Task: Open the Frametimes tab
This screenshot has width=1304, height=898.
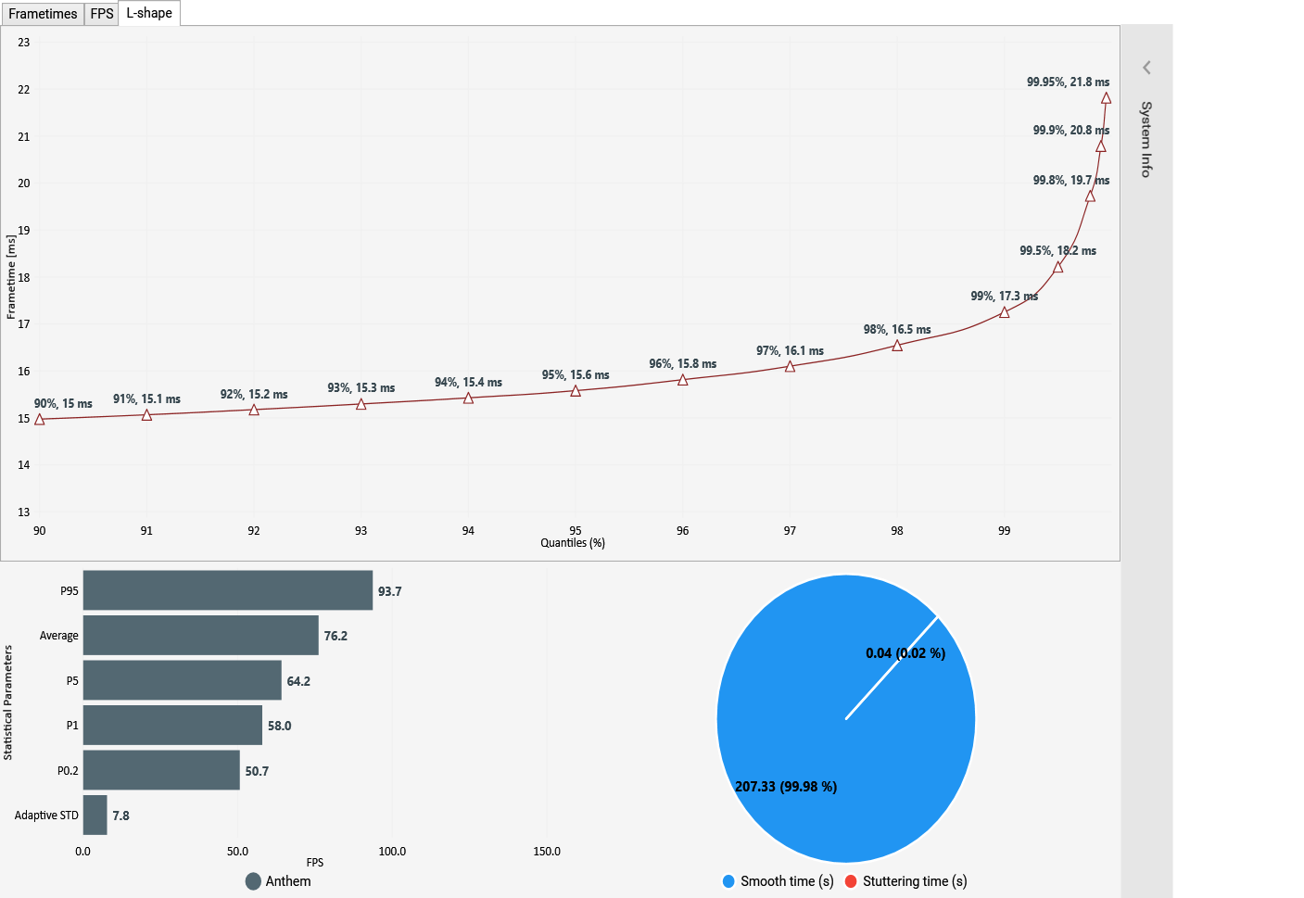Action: pos(43,14)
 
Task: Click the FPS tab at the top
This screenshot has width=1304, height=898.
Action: pos(102,14)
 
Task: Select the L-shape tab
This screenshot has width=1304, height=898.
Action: pos(149,13)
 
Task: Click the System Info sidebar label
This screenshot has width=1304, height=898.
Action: pos(1146,139)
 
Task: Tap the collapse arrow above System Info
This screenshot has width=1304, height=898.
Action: pos(1146,68)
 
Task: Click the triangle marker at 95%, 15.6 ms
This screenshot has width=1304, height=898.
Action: pos(576,391)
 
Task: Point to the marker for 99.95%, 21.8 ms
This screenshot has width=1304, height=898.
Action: pos(1106,97)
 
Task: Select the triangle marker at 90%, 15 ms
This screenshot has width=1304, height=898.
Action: pos(39,419)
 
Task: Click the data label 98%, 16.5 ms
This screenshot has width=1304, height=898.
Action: pos(896,330)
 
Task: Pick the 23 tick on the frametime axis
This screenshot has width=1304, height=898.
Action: pos(23,43)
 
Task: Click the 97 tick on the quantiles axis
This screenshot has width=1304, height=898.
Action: pos(790,531)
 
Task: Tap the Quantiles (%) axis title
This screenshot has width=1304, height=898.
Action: pos(573,543)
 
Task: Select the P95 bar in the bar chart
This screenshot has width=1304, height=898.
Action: pos(227,590)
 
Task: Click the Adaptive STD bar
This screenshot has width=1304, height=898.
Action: pos(95,815)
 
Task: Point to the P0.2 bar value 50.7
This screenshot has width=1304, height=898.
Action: pos(257,771)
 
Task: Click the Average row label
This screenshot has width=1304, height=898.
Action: pos(58,636)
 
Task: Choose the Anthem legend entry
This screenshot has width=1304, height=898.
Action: pos(278,881)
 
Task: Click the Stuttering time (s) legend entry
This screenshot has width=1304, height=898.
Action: pos(905,881)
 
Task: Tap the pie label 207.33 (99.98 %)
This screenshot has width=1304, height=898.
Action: pos(785,787)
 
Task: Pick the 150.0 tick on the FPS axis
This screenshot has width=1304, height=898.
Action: pos(547,852)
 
